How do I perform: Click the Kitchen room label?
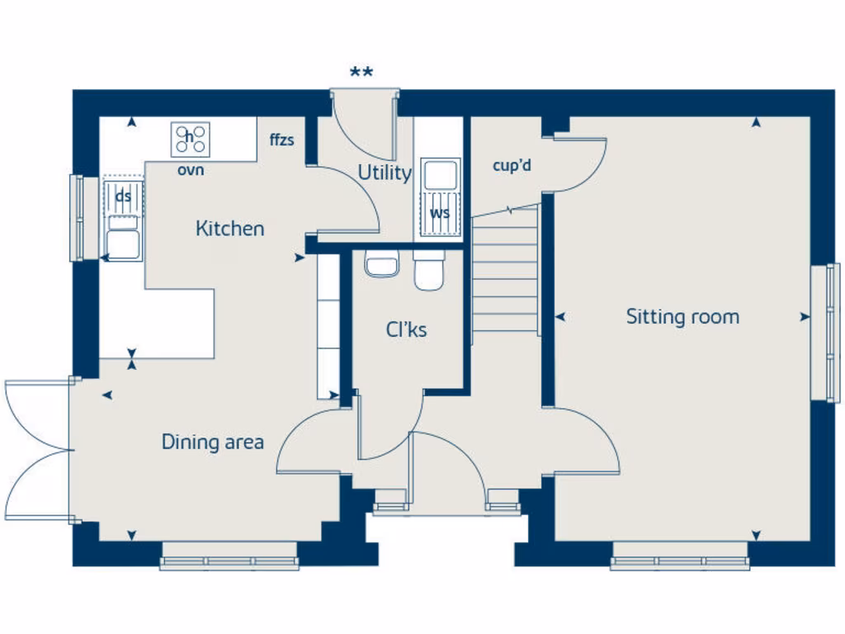coord(230,229)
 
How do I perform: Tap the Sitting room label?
coord(682,317)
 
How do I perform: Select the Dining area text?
coord(213,442)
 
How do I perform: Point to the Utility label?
coord(384,173)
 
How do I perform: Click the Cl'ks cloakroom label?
coord(406,330)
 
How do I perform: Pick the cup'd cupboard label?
coord(512,166)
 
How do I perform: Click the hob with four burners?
coord(191,139)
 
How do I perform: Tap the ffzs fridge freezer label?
coord(281,140)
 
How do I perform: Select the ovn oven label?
coord(191,171)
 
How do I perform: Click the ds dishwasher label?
coord(123,196)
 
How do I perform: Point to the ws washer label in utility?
coord(439,213)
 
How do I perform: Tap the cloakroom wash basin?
coord(381,266)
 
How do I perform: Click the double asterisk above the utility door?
coord(361,73)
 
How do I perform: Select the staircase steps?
coord(505,272)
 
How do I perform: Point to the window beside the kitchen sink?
coord(78,218)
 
